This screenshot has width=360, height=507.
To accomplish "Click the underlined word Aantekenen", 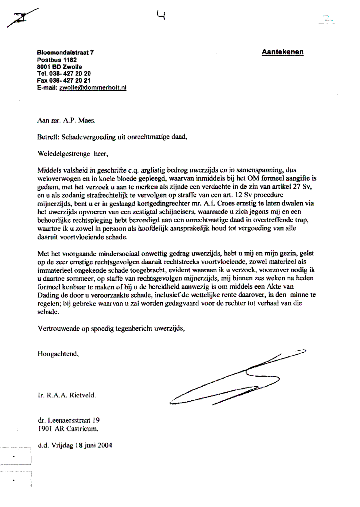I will click(x=282, y=52).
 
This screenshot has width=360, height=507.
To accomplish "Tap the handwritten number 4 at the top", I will click(x=161, y=15).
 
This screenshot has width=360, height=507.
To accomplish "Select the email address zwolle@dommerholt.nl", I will click(x=93, y=88).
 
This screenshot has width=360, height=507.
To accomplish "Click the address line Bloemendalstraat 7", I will click(x=66, y=52).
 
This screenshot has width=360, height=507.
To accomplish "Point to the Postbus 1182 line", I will click(x=57, y=60).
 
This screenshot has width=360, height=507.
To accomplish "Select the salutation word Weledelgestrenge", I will click(x=64, y=153).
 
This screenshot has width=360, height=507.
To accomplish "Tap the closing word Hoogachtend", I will click(x=58, y=353).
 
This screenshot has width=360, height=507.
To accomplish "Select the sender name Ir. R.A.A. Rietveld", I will click(x=67, y=395).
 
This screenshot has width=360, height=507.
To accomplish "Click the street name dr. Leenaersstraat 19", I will click(x=68, y=420).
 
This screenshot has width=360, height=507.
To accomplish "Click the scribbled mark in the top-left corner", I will click(x=22, y=18).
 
